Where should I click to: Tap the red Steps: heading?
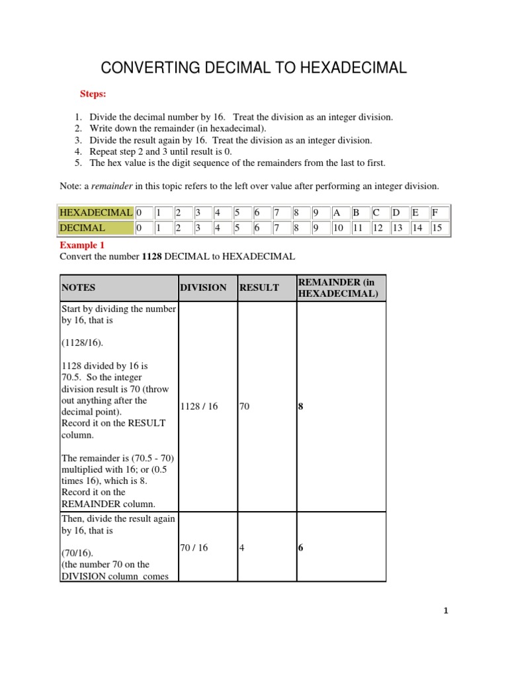click(94, 95)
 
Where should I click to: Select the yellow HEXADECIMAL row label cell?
click(96, 213)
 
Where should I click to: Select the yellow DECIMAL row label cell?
click(96, 228)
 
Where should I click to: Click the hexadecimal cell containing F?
click(439, 213)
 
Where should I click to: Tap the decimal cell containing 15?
click(439, 228)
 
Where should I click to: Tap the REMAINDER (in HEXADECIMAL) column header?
click(341, 288)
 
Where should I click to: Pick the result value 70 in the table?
click(244, 407)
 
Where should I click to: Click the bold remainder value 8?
click(300, 407)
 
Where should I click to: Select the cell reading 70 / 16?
click(194, 547)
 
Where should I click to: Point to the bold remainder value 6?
click(300, 547)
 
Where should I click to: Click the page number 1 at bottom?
click(446, 612)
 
